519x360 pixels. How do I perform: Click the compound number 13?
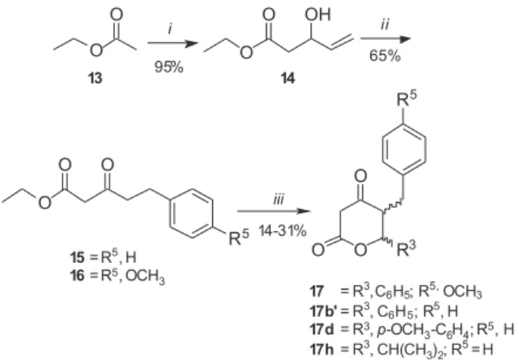(x=95, y=79)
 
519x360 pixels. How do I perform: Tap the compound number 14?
(x=287, y=79)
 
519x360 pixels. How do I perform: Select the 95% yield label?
(x=169, y=67)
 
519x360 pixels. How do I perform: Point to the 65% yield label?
(x=385, y=56)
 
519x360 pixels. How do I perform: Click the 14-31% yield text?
(x=283, y=231)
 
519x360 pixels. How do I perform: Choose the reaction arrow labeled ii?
(x=385, y=38)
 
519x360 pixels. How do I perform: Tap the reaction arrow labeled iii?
(x=275, y=211)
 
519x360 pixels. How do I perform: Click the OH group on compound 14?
(x=318, y=14)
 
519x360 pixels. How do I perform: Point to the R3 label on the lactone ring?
(x=405, y=249)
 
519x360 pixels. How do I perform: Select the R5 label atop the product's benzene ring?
(x=407, y=99)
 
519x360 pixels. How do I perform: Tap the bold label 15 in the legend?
(x=77, y=257)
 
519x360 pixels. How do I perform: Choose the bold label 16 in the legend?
(x=77, y=275)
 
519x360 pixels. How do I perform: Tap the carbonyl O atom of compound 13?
(x=116, y=15)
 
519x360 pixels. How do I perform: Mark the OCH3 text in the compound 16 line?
(x=145, y=276)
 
